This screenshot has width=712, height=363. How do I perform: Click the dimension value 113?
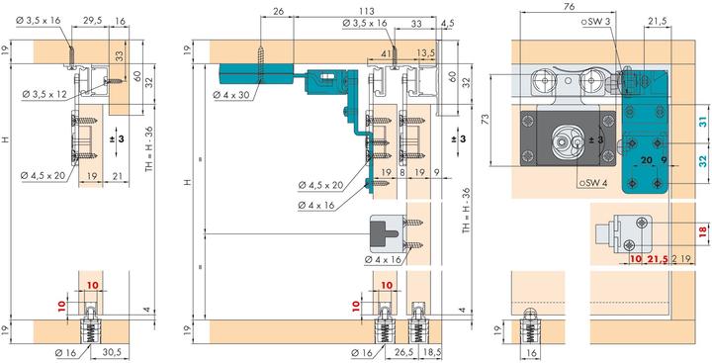pyautogui.click(x=367, y=11)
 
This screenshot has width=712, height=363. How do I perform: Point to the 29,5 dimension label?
pyautogui.click(x=91, y=21)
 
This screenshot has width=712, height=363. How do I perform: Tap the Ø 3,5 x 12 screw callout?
pyautogui.click(x=44, y=94)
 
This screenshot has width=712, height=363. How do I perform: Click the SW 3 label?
pyautogui.click(x=596, y=22)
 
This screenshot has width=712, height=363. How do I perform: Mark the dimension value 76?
pyautogui.click(x=569, y=6)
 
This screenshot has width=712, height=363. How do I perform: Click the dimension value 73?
pyautogui.click(x=485, y=119)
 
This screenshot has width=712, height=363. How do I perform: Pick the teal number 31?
pyautogui.click(x=702, y=122)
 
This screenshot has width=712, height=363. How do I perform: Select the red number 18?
pyautogui.click(x=702, y=231)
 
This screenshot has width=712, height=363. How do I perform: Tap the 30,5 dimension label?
pyautogui.click(x=112, y=351)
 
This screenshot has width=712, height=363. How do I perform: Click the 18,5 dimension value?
pyautogui.click(x=430, y=351)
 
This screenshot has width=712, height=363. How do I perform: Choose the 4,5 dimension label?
pyautogui.click(x=447, y=24)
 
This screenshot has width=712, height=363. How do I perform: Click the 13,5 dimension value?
pyautogui.click(x=425, y=53)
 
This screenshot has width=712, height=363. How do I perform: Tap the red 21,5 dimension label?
pyautogui.click(x=657, y=259)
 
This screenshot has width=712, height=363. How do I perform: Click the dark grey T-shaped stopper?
pyautogui.click(x=384, y=233)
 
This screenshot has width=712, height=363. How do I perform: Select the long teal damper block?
pyautogui.click(x=256, y=73)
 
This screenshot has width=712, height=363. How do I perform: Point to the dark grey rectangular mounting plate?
pyautogui.click(x=568, y=138)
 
